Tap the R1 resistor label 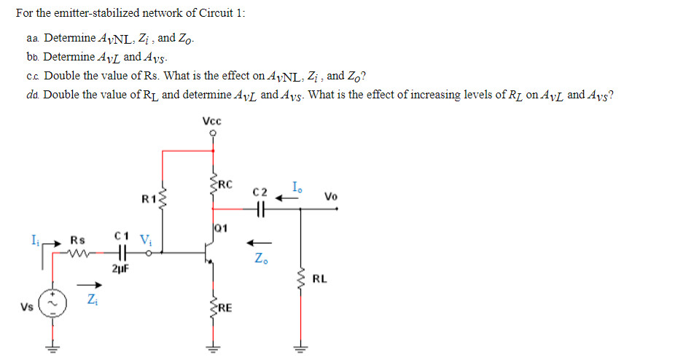pos(149,197)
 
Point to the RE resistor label pos(225,308)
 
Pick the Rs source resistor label pos(77,239)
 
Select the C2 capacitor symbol pos(260,208)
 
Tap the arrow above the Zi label pos(88,285)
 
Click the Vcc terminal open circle pos(213,134)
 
